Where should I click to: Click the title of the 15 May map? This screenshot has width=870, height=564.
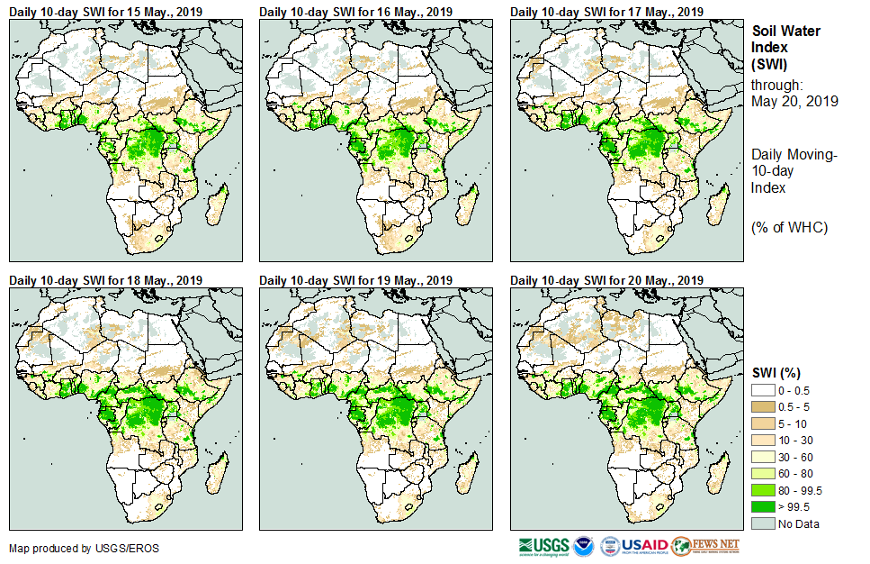106,12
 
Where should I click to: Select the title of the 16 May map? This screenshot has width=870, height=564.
356,12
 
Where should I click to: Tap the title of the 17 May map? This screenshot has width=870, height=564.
607,12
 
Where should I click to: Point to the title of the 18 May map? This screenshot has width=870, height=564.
106,280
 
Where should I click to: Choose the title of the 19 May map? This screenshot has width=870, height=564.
356,280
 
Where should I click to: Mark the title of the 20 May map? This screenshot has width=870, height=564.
607,280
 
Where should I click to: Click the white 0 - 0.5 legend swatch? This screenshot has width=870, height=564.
763,390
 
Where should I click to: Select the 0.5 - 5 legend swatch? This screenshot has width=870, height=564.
763,406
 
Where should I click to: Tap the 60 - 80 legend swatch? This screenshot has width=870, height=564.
763,473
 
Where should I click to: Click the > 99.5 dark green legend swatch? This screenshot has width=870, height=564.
763,506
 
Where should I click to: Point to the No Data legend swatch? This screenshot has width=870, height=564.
763,523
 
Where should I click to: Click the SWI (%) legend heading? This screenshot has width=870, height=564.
776,373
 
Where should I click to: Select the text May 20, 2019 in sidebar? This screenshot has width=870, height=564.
794,101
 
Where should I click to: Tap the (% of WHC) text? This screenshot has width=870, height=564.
789,227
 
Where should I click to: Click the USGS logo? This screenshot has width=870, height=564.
543,546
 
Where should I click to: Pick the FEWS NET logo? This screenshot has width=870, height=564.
705,546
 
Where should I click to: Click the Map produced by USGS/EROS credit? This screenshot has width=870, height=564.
63,548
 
